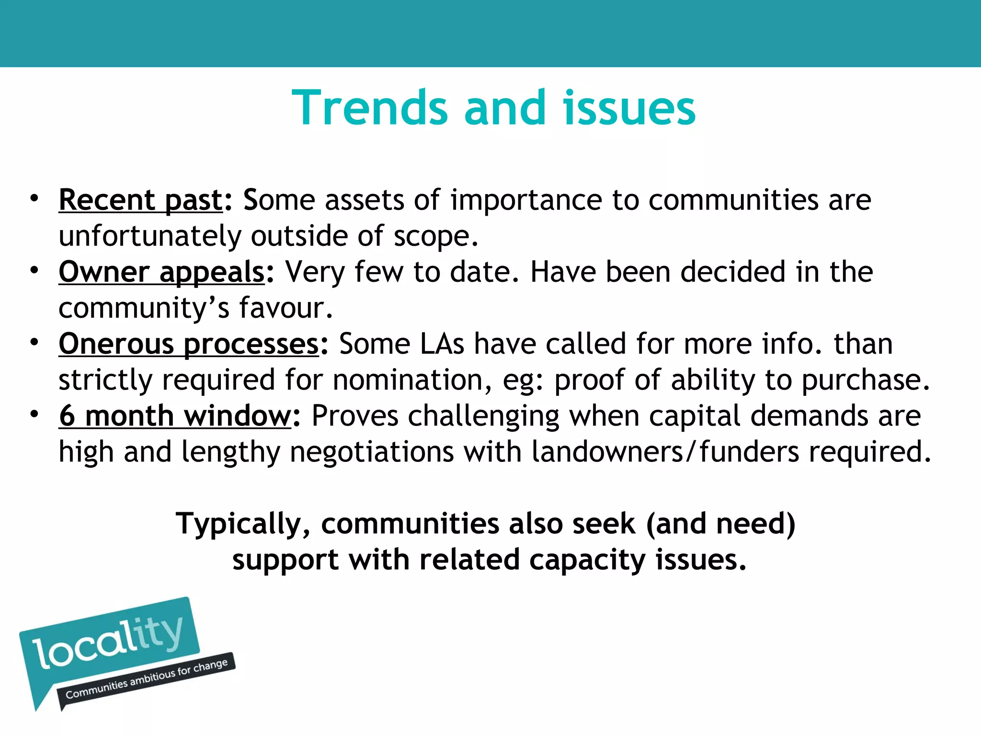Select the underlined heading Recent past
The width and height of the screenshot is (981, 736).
141,200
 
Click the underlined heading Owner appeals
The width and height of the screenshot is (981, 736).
161,272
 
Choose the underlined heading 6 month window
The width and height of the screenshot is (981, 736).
175,415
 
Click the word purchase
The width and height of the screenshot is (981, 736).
865,380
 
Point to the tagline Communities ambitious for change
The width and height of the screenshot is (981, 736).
146,679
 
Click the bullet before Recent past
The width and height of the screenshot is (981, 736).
34,198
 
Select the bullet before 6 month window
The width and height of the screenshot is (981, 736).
34,414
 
